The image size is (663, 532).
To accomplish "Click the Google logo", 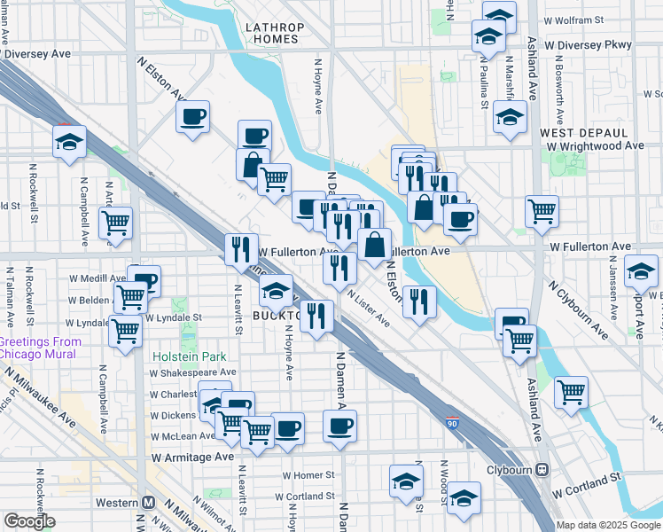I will point(30,521).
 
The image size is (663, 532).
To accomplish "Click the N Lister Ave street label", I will point(368,306).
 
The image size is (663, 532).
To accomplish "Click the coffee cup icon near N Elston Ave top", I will point(193,117).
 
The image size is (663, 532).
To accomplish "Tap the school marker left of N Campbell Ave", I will point(67,142).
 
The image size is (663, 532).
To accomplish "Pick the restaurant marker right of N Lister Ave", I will point(419,301).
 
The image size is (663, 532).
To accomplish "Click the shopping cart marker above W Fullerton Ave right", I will point(541,211).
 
